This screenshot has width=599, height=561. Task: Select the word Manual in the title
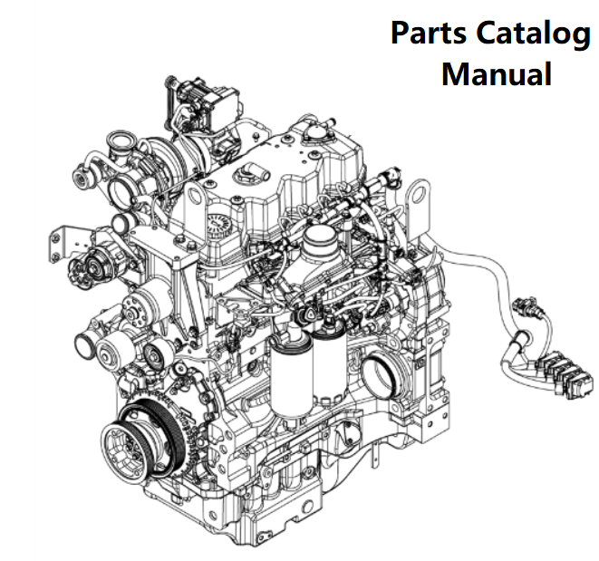[496, 74]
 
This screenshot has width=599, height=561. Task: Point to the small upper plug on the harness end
[525, 306]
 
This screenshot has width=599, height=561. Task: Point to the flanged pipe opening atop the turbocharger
[120, 142]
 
